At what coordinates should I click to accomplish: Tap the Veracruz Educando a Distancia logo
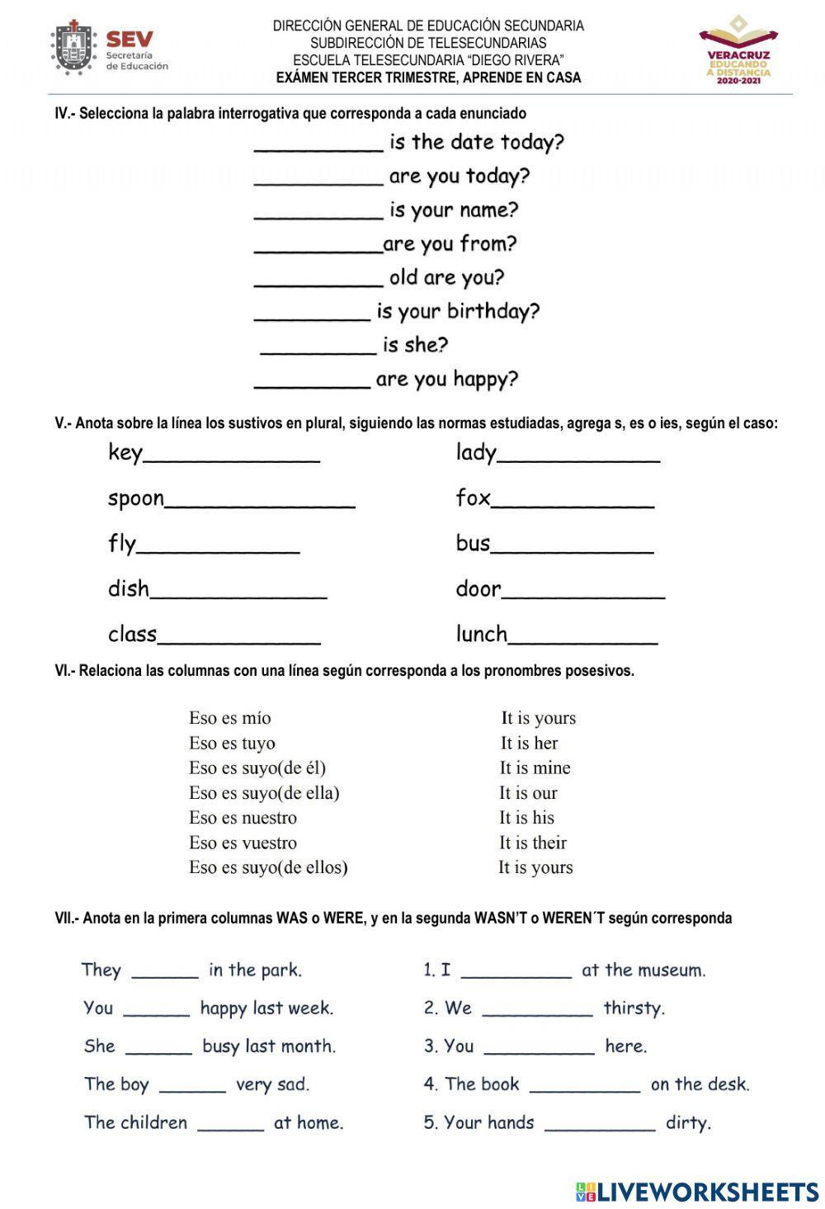pyautogui.click(x=738, y=50)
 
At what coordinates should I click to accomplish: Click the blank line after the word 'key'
pyautogui.click(x=232, y=456)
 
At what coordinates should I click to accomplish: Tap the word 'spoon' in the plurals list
pyautogui.click(x=136, y=499)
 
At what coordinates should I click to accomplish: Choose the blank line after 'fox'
pyautogui.click(x=573, y=502)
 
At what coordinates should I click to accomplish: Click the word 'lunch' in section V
pyautogui.click(x=481, y=634)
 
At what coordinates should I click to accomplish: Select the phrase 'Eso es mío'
pyautogui.click(x=229, y=718)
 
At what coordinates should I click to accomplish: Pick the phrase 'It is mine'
pyautogui.click(x=535, y=768)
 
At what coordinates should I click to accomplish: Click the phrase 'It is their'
pyautogui.click(x=532, y=843)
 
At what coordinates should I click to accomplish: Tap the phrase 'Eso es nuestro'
pyautogui.click(x=243, y=818)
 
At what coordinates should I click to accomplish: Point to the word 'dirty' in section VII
pyautogui.click(x=688, y=1123)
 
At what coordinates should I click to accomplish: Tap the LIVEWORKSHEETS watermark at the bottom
pyautogui.click(x=697, y=1191)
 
